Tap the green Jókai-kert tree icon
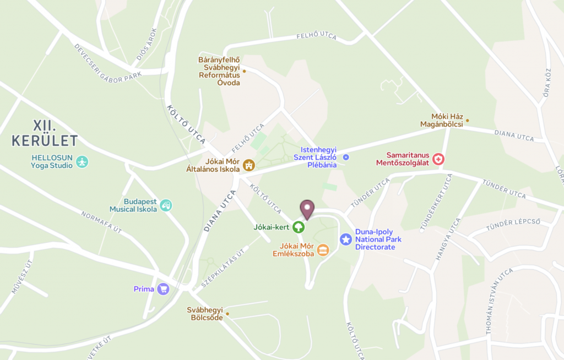coord(298,226)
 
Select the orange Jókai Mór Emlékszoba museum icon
coord(323,250)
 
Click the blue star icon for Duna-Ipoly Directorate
coord(345,239)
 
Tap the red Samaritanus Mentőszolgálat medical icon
coord(438,159)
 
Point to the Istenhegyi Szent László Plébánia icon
coord(346,157)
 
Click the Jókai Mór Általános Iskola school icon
coord(249,165)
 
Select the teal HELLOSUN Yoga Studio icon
coord(82,162)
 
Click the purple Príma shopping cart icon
coord(162,289)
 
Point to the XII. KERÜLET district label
coord(45,133)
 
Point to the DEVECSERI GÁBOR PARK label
coord(107,64)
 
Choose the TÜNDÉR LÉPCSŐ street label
coord(513,225)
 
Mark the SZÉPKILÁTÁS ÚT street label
coord(223,269)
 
